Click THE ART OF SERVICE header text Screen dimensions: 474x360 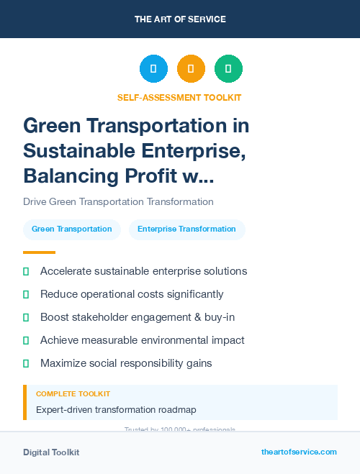click(180, 19)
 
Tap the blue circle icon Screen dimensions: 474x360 click(153, 69)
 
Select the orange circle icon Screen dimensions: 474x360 click(191, 69)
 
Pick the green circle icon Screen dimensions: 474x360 click(228, 69)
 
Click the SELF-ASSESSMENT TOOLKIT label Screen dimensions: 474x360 click(179, 97)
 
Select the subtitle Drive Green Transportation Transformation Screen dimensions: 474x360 click(118, 202)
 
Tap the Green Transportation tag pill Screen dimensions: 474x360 click(71, 229)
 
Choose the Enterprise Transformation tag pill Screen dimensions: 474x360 click(186, 229)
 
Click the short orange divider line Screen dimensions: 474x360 click(39, 252)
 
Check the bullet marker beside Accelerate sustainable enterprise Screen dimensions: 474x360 click(26, 271)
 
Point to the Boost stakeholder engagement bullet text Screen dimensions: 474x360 click(138, 317)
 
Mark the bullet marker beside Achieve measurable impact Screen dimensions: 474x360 click(26, 340)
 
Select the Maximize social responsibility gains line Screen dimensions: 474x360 click(126, 363)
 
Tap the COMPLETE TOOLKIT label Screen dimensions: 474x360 click(73, 394)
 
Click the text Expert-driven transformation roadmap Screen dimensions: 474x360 click(116, 410)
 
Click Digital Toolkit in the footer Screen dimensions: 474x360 click(51, 452)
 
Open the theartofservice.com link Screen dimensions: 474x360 click(299, 452)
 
